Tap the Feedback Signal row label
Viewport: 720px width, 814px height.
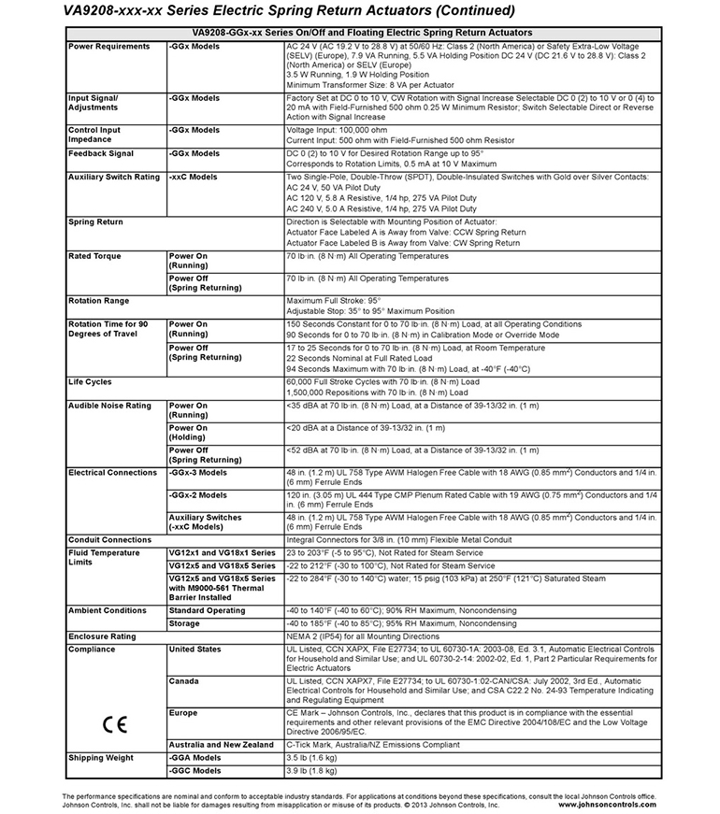coord(101,153)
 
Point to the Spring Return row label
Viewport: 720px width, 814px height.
coord(96,222)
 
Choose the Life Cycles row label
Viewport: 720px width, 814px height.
coord(91,381)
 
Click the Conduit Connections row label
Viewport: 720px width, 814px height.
coord(109,539)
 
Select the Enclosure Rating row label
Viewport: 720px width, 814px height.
coord(102,636)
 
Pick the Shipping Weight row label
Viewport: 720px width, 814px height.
coord(100,758)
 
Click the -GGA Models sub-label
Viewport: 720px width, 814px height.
coord(194,758)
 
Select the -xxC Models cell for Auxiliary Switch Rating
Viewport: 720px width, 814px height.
coord(194,177)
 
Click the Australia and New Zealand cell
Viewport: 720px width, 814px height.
coord(222,745)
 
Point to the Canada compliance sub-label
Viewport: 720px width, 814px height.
coord(184,681)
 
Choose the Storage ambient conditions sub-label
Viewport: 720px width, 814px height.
coord(184,623)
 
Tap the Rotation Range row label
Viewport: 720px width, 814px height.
coord(99,301)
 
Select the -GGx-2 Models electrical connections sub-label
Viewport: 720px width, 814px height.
coord(197,495)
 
